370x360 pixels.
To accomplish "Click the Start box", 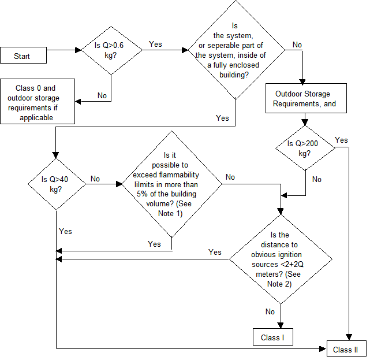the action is pos(23,55).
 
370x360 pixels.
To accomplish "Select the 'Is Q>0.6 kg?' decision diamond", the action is pos(111,50).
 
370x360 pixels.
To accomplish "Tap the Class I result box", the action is pos(273,337).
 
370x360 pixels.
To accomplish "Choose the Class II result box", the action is pos(346,348).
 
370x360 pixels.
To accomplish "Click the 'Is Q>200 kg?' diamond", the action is pos(305,148).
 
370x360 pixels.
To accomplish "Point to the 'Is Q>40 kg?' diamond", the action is pos(57,184).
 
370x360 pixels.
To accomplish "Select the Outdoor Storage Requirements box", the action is pos(306,98).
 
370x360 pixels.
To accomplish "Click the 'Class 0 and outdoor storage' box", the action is pos(38,101).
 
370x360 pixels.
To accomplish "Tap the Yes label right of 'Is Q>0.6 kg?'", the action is pos(155,44).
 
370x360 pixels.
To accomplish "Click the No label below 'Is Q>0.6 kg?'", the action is pos(102,95).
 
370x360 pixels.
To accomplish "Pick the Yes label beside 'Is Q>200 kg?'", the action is pos(341,140).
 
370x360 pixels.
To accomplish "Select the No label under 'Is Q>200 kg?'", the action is pos(317,179).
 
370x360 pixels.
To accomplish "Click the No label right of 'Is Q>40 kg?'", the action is pos(95,179).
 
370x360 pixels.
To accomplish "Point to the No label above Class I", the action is pos(270,311).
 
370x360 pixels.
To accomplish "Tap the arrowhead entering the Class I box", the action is pos(281,325).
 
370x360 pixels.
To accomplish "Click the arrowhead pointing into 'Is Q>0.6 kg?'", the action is pos(78,50).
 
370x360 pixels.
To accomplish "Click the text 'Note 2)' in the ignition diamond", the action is pos(279,284).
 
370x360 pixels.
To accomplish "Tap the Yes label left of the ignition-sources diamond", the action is pos(215,252).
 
